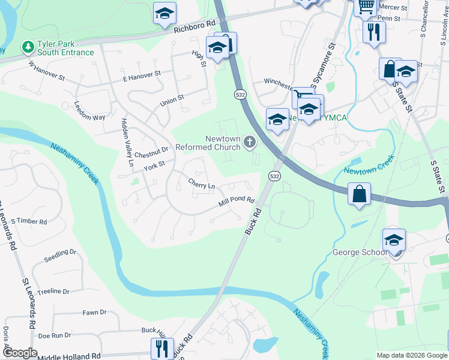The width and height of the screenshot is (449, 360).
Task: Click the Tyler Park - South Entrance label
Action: tap(65, 48)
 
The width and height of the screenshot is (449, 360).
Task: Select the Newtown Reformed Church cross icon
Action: tap(249, 142)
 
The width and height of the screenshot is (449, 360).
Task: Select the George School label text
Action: tap(360, 252)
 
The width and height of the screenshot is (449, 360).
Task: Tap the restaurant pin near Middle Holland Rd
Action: tap(161, 348)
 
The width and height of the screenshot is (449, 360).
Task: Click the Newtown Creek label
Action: tap(369, 166)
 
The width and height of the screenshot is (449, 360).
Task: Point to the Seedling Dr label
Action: tap(61, 256)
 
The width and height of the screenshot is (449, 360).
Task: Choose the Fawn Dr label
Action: tap(94, 313)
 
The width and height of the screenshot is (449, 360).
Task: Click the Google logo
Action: tap(20, 353)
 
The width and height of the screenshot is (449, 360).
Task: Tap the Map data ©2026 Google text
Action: tap(412, 355)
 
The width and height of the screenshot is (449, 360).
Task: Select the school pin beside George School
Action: tap(394, 240)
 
